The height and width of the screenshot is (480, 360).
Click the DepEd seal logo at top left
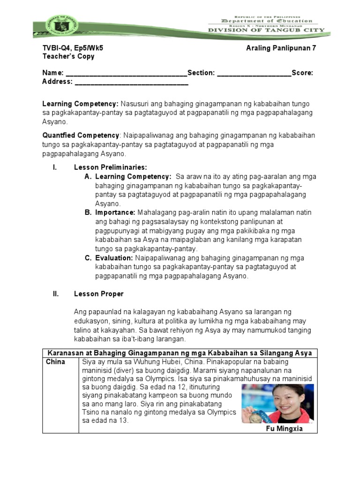click(55, 28)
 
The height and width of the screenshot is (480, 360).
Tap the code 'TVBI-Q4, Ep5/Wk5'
click(73, 48)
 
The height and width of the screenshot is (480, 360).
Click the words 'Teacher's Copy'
click(68, 56)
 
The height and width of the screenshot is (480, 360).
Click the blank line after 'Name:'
click(126, 73)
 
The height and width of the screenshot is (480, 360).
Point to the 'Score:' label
click(302, 73)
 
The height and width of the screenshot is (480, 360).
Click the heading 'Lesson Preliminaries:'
click(111, 167)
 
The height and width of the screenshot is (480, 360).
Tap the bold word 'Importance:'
click(115, 212)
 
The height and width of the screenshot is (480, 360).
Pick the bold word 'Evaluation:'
click(114, 258)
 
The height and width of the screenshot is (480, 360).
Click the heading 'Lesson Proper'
click(99, 294)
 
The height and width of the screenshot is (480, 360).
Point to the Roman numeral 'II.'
click(55, 294)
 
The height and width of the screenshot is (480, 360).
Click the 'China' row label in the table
click(56, 362)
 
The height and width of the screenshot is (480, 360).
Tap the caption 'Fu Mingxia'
click(284, 428)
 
